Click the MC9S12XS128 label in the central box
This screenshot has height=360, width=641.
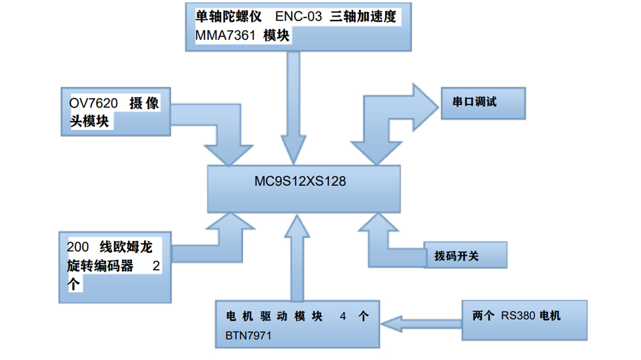(x=300, y=182)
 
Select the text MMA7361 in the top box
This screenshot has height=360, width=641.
(x=225, y=36)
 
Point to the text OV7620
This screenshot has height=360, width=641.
(x=95, y=103)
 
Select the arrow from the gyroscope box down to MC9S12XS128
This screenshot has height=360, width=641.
(x=294, y=109)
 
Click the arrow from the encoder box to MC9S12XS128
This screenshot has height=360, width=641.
(x=205, y=243)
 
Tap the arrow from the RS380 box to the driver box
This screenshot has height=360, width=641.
(x=423, y=322)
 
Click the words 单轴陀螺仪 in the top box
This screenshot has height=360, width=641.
(x=229, y=17)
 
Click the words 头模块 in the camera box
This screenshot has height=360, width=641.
(x=89, y=120)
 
